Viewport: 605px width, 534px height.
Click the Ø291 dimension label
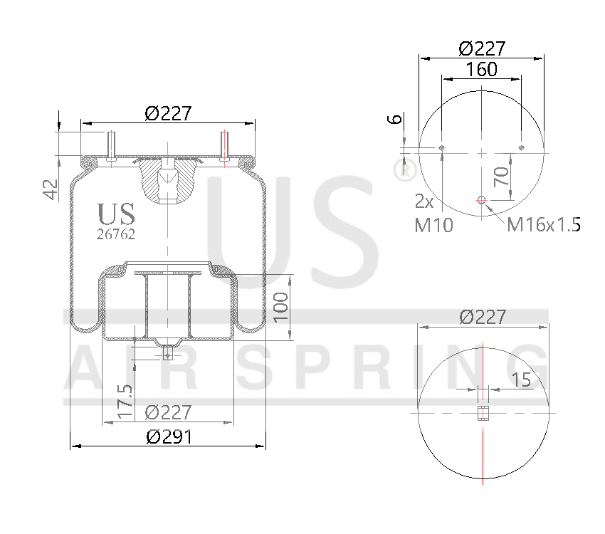pos(169,437)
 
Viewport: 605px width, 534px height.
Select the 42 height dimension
pos(51,189)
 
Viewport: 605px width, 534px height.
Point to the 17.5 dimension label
pos(125,401)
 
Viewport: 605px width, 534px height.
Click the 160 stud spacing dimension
pos(481,70)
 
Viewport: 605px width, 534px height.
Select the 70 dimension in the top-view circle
pos(503,174)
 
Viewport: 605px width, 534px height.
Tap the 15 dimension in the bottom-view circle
pos(521,379)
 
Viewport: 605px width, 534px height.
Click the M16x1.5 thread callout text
pos(543,225)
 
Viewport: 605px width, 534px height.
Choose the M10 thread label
pos(433,226)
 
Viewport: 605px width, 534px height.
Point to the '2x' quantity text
pos(425,201)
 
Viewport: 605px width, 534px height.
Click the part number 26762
pos(115,233)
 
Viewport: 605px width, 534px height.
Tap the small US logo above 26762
pos(116,213)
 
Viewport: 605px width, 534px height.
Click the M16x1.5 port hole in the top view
pos(482,200)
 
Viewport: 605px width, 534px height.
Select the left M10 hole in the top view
pos(442,147)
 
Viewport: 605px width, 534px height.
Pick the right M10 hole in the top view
pos(522,147)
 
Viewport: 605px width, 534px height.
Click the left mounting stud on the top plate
pos(111,147)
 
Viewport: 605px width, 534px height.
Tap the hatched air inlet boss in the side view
pos(167,179)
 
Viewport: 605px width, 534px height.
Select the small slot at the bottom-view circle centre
pos(482,413)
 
